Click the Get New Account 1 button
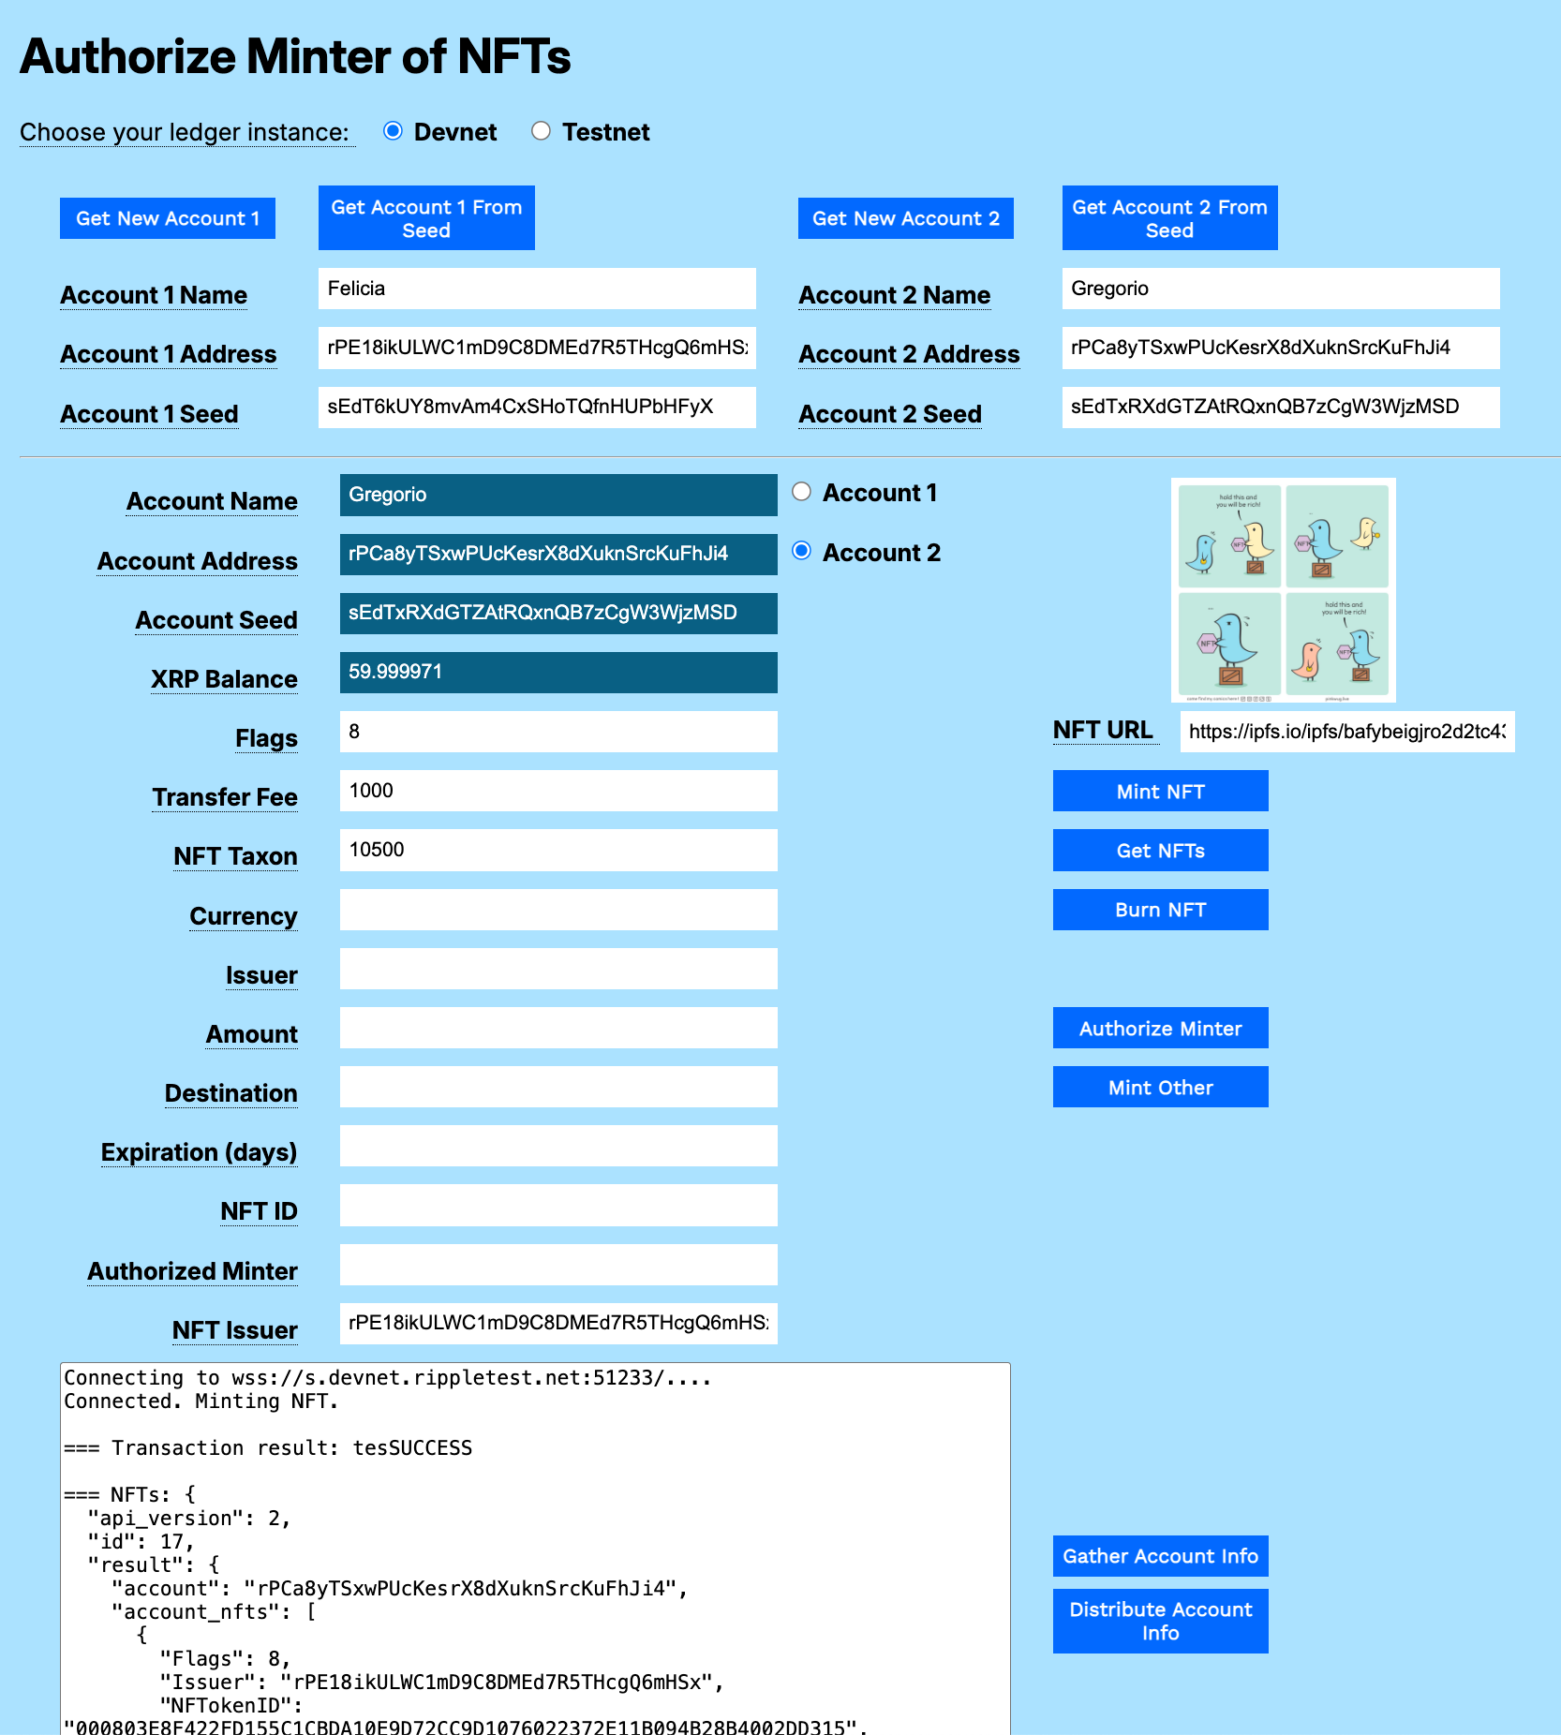pos(168,218)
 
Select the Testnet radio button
pos(541,131)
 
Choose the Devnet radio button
pos(394,131)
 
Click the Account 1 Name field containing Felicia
pos(537,289)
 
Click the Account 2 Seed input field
pos(1280,408)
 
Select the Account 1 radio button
pos(802,492)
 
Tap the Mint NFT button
pos(1160,792)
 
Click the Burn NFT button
pos(1160,910)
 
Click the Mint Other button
pos(1160,1088)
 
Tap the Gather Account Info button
pos(1160,1556)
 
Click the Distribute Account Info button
pos(1160,1621)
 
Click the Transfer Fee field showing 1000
pos(558,791)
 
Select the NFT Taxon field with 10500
pos(558,851)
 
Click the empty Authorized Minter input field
pos(558,1265)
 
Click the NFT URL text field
pos(1346,732)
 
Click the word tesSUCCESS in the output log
pos(412,1448)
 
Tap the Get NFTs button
pos(1160,851)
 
